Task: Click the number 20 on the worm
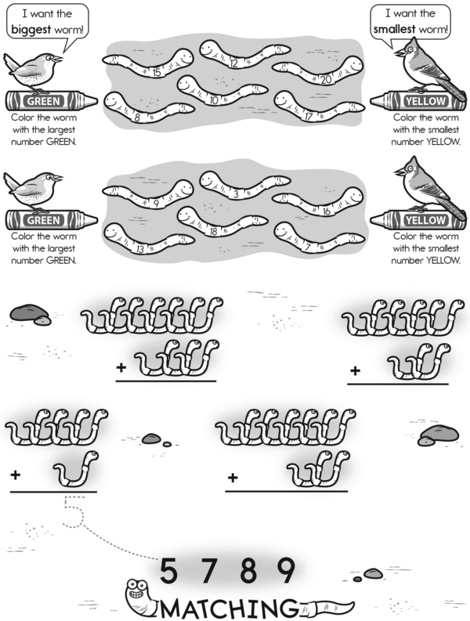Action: point(326,80)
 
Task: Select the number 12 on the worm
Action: point(233,63)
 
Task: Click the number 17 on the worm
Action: point(309,117)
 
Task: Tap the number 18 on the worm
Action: point(214,232)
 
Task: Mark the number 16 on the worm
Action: point(326,211)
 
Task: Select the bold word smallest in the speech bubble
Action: point(394,29)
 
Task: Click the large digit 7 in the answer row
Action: point(208,570)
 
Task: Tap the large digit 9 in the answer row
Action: point(285,570)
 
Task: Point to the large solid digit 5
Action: point(168,570)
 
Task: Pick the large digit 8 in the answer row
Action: point(248,570)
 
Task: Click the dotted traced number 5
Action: point(74,511)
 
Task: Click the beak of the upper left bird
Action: point(59,59)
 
